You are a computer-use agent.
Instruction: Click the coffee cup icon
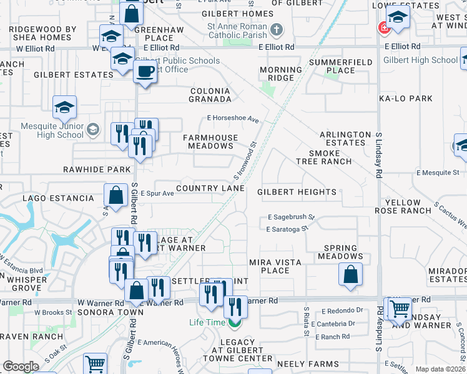click(145, 70)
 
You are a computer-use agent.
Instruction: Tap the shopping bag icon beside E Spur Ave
click(116, 194)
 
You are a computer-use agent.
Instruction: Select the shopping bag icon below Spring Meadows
click(351, 274)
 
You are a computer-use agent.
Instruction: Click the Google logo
click(21, 367)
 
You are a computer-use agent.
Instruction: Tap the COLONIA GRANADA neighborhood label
click(210, 95)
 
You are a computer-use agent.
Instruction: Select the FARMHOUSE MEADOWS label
click(208, 141)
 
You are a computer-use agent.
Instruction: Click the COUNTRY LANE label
click(210, 188)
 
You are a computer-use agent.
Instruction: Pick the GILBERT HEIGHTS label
click(297, 193)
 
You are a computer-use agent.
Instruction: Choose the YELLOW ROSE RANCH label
click(408, 207)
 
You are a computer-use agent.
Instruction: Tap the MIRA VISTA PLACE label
click(275, 266)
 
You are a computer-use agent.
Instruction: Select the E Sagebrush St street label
click(292, 218)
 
